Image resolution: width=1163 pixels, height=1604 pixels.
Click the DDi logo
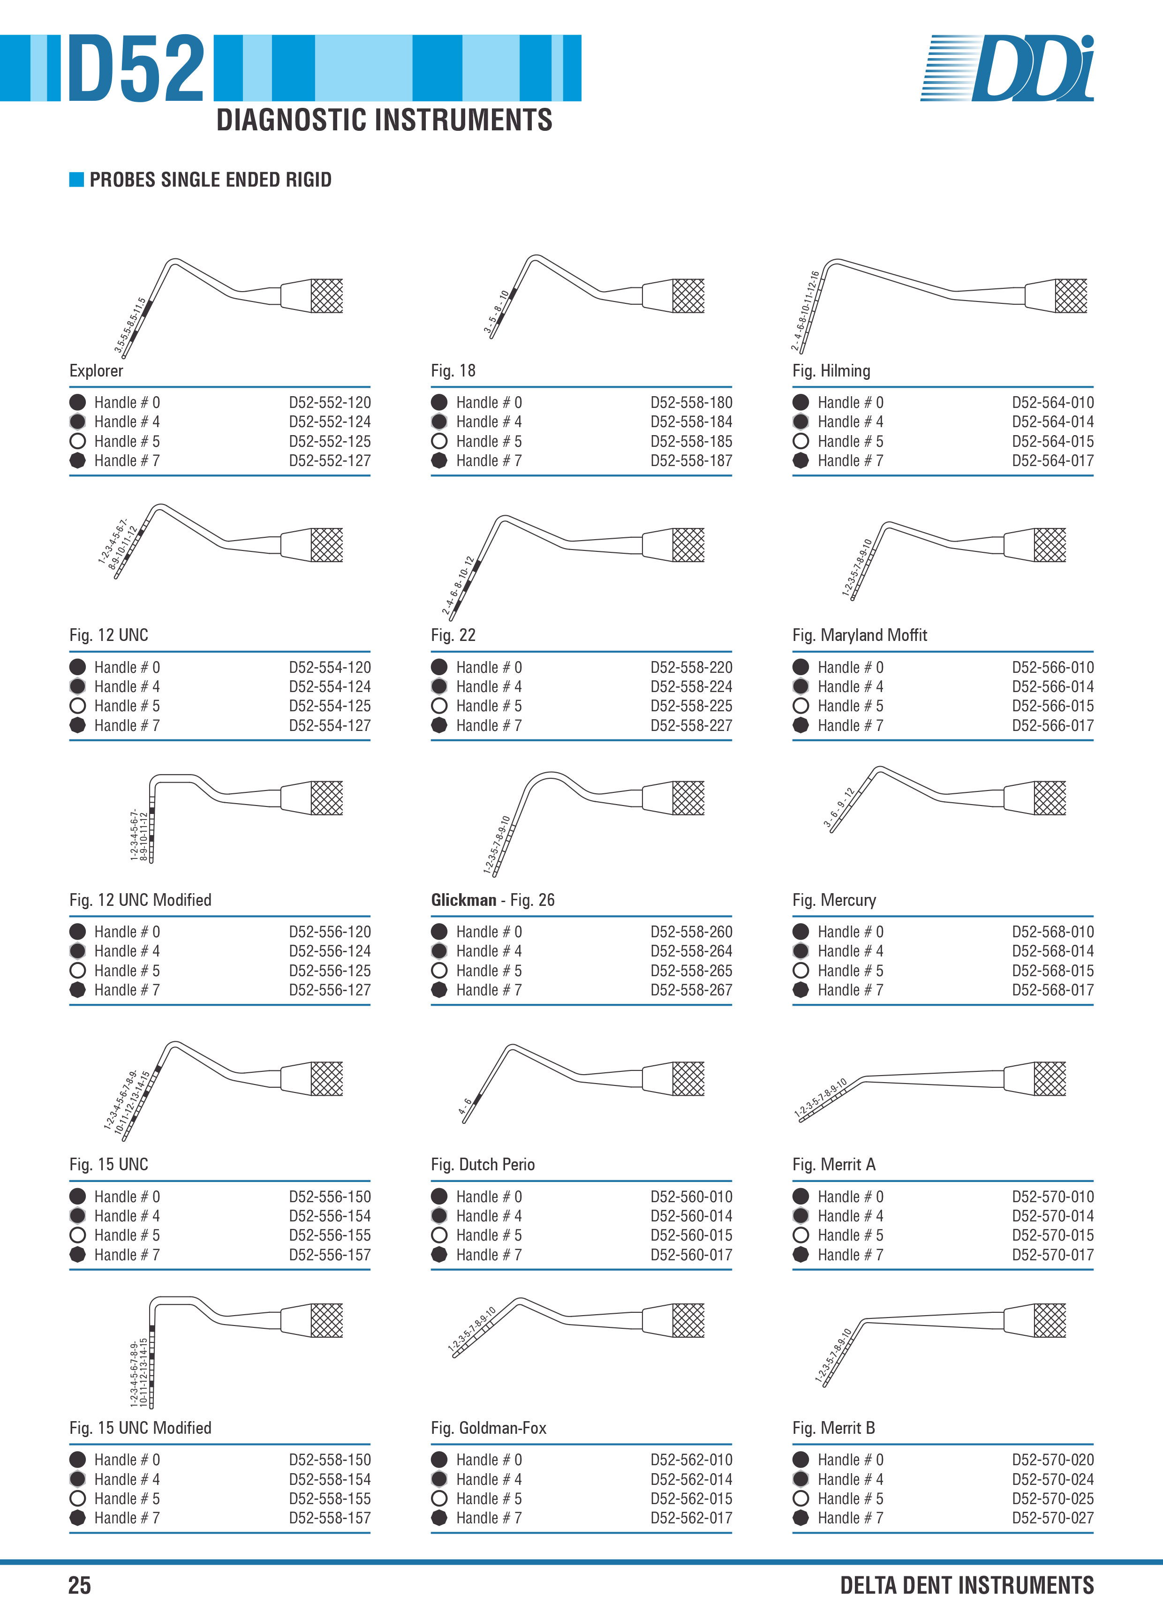1007,68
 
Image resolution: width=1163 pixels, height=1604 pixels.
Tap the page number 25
79,1585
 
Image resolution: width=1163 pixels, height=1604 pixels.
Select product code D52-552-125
330,441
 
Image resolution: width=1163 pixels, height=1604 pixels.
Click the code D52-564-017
1053,460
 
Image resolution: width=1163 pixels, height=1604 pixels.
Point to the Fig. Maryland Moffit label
860,635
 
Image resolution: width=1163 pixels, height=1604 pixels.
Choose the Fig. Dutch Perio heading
483,1164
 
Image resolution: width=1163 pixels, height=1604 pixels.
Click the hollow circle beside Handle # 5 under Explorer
78,441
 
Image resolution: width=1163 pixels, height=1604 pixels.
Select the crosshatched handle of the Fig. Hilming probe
1071,296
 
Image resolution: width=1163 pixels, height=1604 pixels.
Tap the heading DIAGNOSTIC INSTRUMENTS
384,120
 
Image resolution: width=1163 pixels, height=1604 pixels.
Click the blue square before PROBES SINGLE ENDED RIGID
76,180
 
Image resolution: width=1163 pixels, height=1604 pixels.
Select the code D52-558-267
691,990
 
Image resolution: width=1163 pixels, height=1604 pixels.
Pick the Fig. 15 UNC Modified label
140,1428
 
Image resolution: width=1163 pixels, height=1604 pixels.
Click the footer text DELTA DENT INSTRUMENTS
967,1585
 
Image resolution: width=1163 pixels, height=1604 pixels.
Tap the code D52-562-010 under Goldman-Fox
691,1460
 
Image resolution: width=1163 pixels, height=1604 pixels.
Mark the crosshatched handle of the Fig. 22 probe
688,544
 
